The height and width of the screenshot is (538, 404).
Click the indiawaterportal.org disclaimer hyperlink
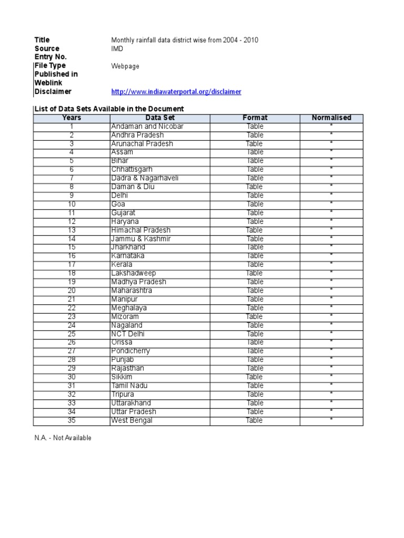click(x=176, y=91)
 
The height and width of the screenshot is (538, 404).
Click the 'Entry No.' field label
click(x=51, y=57)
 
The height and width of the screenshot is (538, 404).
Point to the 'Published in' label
click(x=56, y=74)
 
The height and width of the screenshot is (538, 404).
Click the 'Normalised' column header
click(x=331, y=118)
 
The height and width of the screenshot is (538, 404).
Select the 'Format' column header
click(x=255, y=118)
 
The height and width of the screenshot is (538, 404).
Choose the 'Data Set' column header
click(x=160, y=118)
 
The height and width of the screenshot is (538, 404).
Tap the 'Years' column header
click(x=72, y=118)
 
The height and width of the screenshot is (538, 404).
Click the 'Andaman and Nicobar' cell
click(x=147, y=127)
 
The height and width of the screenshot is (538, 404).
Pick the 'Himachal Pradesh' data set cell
click(x=140, y=230)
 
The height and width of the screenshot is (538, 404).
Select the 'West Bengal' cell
click(x=132, y=420)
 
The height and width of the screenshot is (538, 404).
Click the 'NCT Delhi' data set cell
click(x=128, y=334)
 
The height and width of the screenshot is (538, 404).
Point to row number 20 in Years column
click(x=72, y=291)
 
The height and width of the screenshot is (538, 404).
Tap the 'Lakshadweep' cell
click(x=132, y=273)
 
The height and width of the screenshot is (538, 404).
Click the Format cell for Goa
click(x=255, y=204)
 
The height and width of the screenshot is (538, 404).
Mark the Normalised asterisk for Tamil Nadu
click(x=331, y=386)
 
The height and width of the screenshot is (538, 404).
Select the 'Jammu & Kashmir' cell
click(x=140, y=239)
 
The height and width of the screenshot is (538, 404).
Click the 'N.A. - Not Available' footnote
click(x=63, y=438)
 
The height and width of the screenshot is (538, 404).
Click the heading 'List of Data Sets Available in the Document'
click(x=109, y=109)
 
